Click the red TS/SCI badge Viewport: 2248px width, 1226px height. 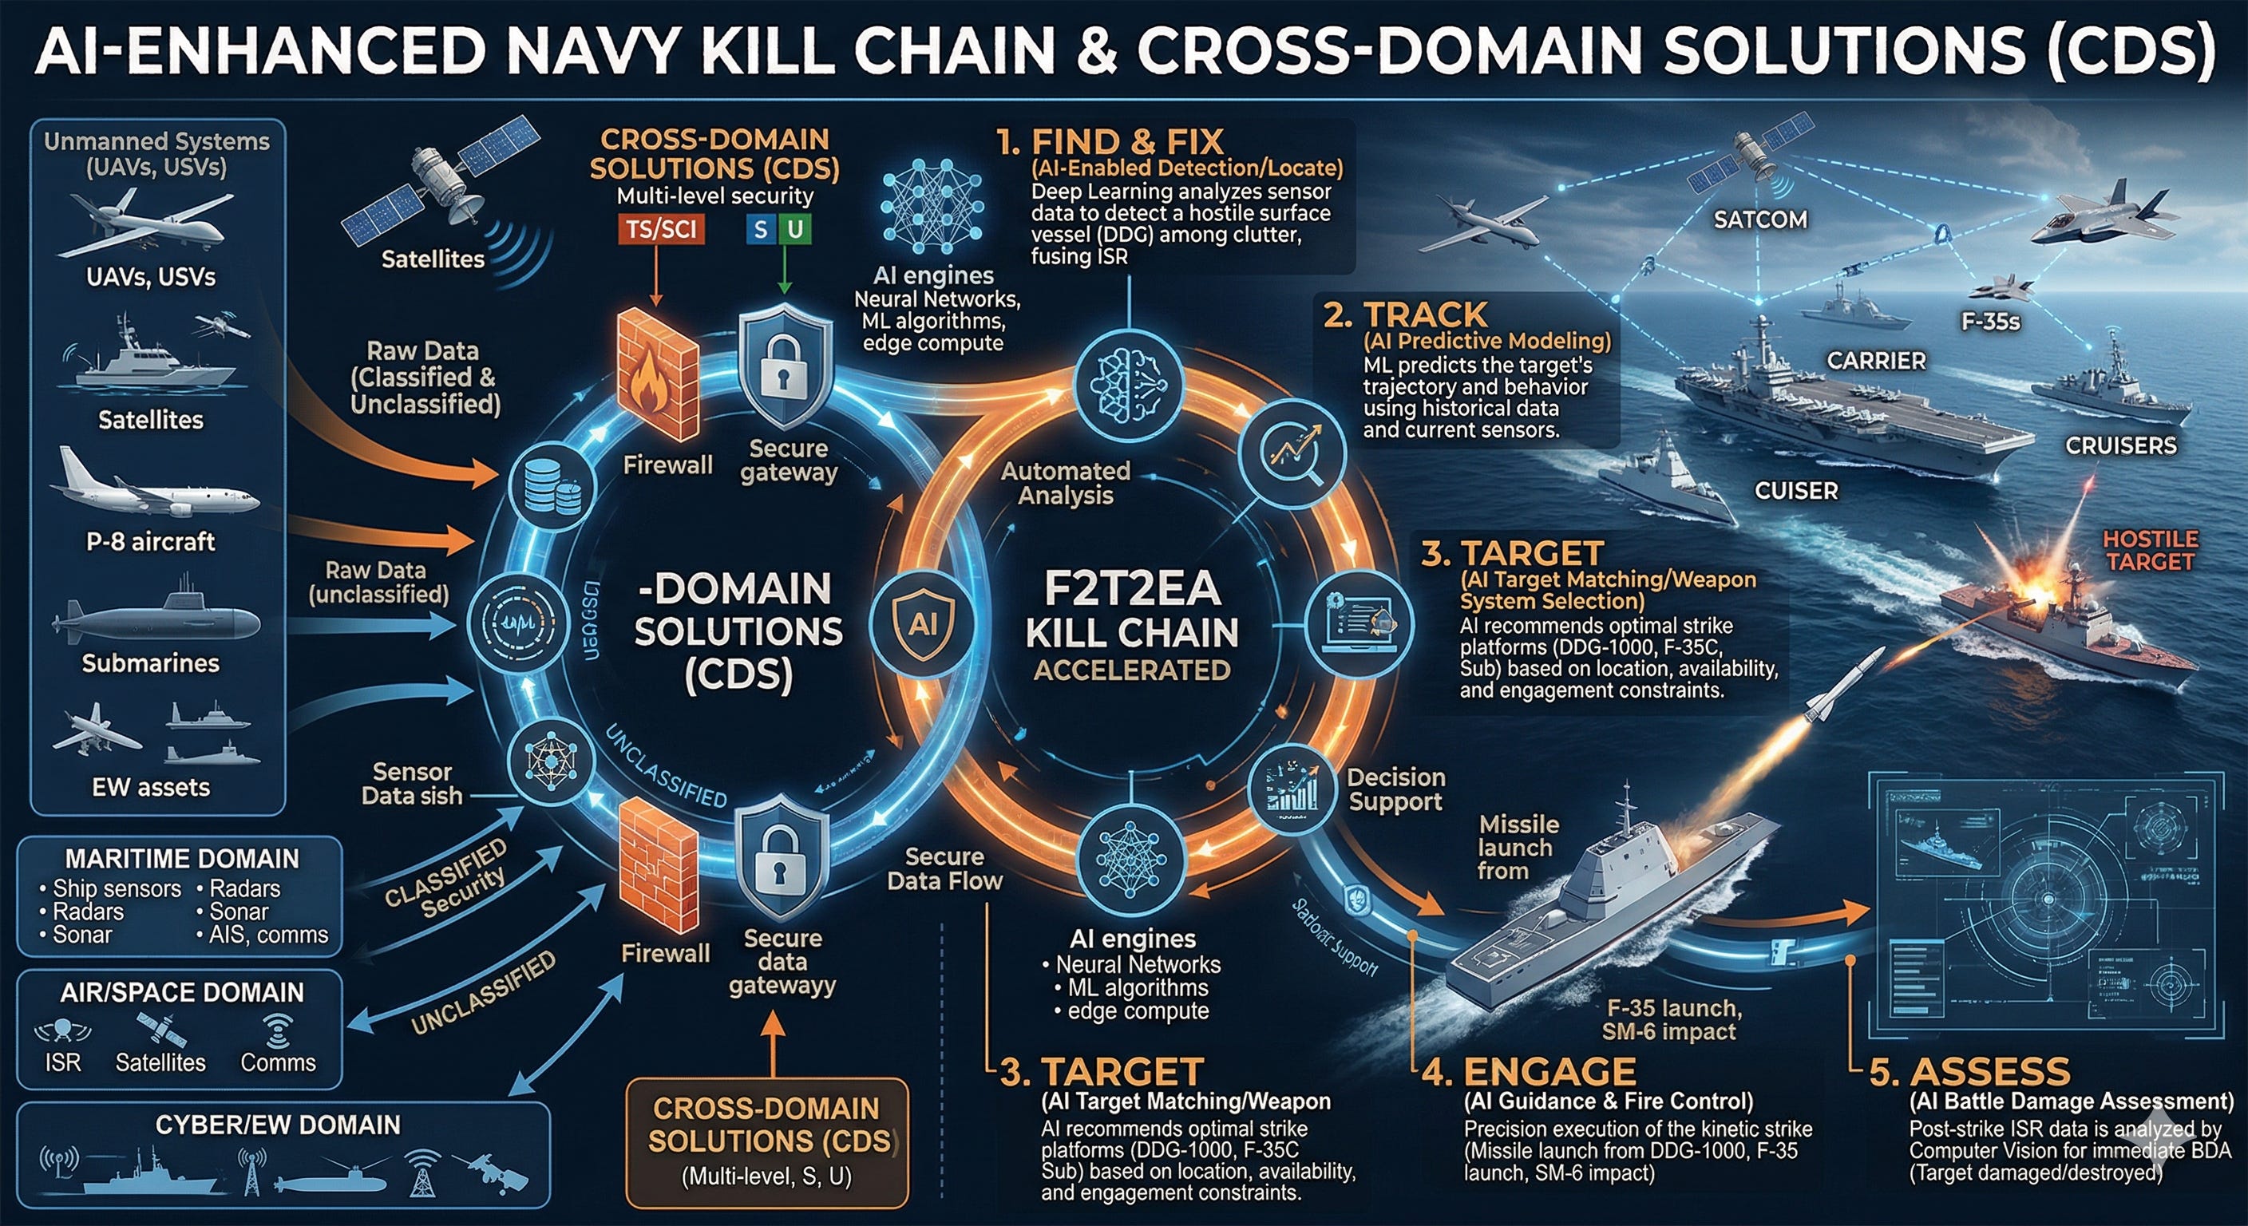click(x=662, y=230)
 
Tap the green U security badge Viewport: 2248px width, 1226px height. click(x=795, y=230)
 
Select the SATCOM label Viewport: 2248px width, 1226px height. click(x=1760, y=219)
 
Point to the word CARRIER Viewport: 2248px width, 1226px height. click(x=1876, y=361)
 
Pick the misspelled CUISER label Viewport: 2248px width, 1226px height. click(x=1796, y=491)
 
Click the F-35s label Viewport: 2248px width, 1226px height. click(x=1991, y=322)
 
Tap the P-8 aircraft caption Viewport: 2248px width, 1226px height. click(x=150, y=542)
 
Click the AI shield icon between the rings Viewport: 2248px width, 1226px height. click(x=924, y=623)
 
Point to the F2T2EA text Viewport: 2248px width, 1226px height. click(x=1132, y=589)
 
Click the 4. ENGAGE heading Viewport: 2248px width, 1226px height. click(x=1529, y=1071)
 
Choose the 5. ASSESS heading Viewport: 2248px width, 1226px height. click(x=1969, y=1071)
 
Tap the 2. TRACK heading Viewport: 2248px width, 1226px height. click(x=1405, y=315)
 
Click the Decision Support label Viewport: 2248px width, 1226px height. click(x=1395, y=789)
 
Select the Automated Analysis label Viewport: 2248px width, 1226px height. click(x=1066, y=483)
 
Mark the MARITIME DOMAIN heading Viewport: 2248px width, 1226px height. click(x=181, y=859)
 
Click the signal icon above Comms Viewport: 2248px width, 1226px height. click(x=277, y=1031)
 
